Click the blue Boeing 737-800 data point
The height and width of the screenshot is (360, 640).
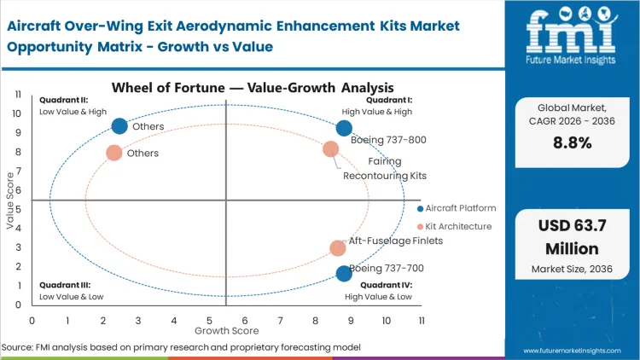click(344, 128)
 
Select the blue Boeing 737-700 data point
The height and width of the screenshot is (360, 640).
click(344, 273)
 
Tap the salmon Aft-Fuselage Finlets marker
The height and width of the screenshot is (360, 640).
click(338, 248)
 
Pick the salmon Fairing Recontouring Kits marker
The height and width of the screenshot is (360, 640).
click(331, 149)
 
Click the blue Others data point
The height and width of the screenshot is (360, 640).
click(119, 126)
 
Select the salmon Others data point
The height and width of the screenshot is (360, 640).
click(113, 153)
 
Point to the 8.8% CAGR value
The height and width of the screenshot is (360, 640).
click(573, 143)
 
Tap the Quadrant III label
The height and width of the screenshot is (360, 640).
click(61, 285)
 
